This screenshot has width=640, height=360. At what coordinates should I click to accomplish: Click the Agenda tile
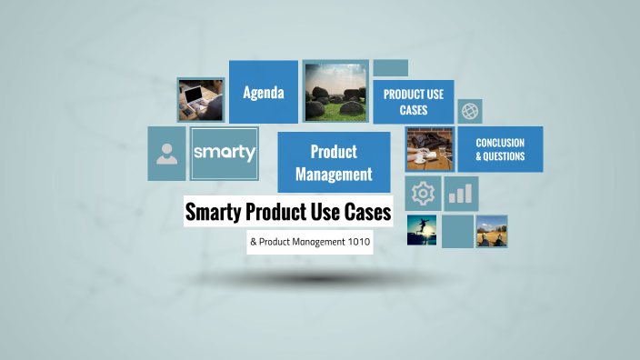coord(264,92)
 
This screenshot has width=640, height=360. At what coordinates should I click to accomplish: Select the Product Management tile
coord(334,162)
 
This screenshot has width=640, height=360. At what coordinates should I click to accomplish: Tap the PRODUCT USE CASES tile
coord(413,102)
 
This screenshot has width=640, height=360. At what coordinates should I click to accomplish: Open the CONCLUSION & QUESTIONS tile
coord(500,149)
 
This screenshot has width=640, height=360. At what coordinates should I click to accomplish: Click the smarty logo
coord(224,153)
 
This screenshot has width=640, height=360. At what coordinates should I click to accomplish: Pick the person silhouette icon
coord(166,153)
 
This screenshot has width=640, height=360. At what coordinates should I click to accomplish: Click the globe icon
coord(470,111)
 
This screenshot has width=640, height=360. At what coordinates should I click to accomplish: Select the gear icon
coord(423,193)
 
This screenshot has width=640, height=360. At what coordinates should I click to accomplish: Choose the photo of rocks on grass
coord(335,91)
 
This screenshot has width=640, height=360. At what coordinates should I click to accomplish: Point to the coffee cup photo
coord(429,150)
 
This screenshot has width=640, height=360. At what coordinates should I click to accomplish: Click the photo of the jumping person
coord(423,230)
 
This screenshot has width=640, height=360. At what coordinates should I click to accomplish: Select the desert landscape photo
coord(492,231)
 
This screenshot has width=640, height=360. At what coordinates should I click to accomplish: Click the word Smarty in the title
coord(216,213)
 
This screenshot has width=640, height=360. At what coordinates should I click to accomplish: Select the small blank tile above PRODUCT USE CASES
coord(390,68)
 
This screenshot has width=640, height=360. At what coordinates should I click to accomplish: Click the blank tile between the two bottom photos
coord(457,231)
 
